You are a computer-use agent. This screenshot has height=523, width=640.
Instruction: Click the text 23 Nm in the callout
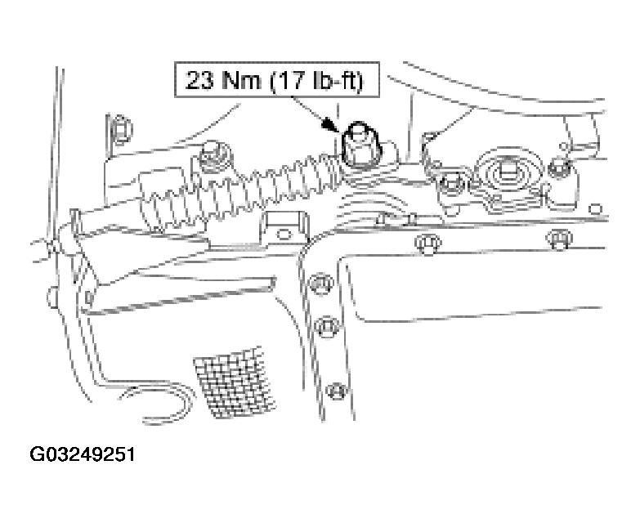223,79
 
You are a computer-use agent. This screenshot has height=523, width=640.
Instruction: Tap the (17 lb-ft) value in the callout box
317,80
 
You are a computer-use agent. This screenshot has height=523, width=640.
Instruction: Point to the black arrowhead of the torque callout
330,124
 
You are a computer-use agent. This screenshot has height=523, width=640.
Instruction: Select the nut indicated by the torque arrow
360,146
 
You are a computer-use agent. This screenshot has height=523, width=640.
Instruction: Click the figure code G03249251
83,454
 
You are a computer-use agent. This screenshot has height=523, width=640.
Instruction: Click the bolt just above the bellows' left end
213,157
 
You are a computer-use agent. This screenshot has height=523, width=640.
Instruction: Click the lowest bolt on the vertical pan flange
337,391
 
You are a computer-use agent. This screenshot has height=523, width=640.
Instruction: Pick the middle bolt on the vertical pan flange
328,326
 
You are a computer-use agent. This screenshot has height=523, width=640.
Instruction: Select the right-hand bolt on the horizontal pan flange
560,239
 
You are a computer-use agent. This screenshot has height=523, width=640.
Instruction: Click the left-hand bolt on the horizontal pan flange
428,245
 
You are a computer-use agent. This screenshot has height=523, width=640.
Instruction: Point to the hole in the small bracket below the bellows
284,234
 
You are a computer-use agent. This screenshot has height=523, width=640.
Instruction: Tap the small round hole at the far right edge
596,209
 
